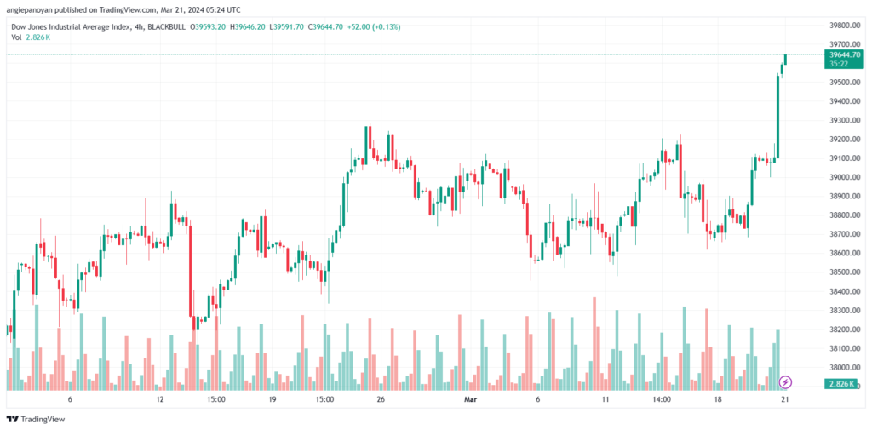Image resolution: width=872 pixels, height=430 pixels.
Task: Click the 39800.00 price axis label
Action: point(842,25)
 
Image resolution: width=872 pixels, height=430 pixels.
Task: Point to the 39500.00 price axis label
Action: point(842,83)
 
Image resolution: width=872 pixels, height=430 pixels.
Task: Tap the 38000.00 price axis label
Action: point(842,368)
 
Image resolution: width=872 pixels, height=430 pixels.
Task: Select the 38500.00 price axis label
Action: point(842,272)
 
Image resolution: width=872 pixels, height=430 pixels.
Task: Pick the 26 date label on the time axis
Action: point(381,398)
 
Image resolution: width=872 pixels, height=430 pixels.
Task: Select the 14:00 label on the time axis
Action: point(661,398)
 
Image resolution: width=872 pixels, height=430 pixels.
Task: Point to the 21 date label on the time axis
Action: point(785,398)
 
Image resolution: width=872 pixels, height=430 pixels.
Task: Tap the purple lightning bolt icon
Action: point(786,381)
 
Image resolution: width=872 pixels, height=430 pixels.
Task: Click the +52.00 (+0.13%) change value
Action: point(375,26)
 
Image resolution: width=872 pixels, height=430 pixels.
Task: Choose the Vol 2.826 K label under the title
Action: point(31,37)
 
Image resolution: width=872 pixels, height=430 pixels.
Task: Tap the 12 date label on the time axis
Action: point(159,398)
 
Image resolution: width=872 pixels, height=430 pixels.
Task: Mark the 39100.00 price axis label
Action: point(842,158)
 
